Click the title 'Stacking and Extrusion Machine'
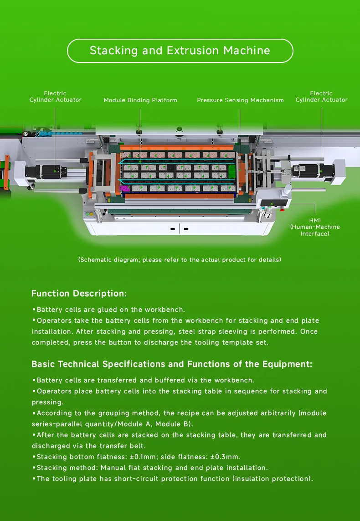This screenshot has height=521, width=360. [x=180, y=51]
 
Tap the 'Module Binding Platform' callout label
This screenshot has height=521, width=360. [x=140, y=100]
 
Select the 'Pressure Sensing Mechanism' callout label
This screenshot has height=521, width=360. [x=240, y=100]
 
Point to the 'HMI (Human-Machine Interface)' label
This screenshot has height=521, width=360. [x=314, y=227]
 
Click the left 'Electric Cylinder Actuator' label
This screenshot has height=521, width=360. [x=55, y=97]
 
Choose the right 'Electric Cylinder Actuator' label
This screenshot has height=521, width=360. [x=321, y=97]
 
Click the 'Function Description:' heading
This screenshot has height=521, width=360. [x=79, y=294]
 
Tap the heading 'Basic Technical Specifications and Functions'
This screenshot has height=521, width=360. [x=172, y=364]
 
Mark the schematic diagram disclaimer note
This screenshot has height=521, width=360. [x=180, y=260]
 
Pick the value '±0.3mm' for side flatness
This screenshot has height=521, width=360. [x=224, y=457]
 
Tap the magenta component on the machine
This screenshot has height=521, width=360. [x=123, y=188]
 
